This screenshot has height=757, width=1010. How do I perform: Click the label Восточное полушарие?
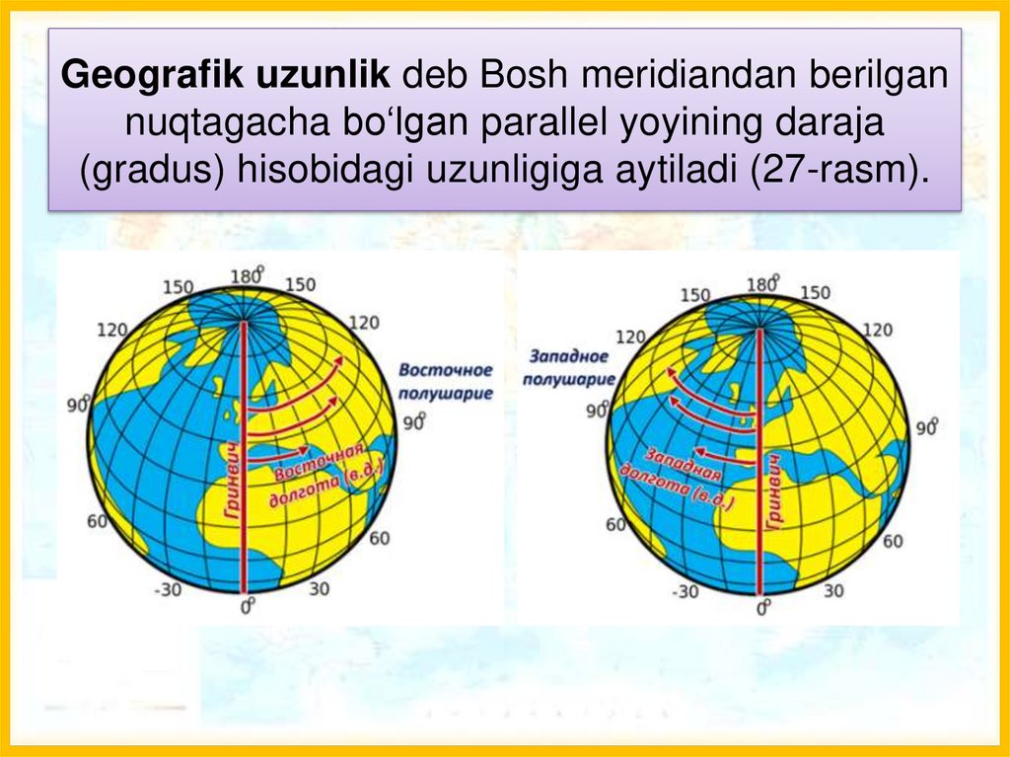pyautogui.click(x=445, y=380)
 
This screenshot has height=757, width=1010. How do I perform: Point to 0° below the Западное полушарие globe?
pyautogui.click(x=761, y=608)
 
